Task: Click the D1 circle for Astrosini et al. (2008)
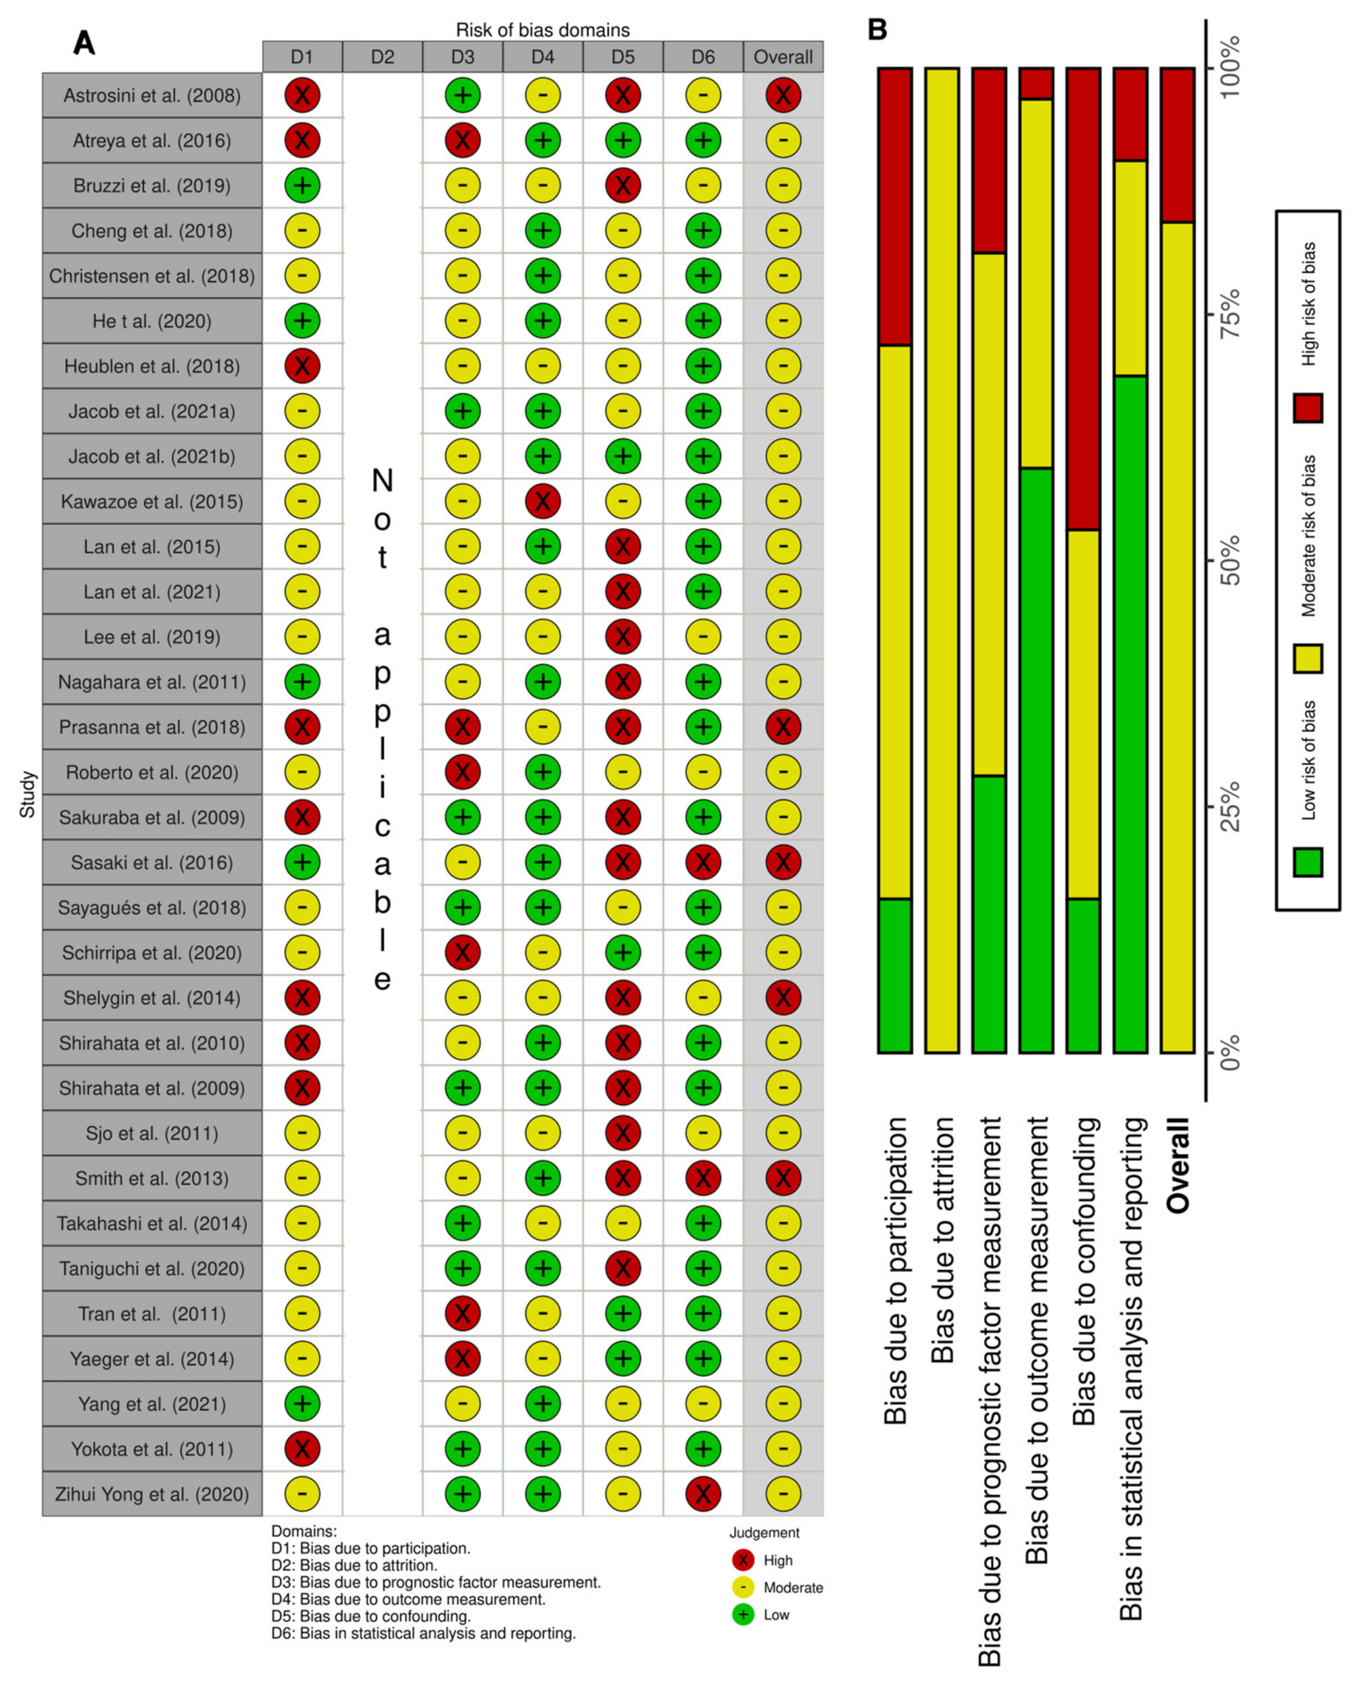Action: pyautogui.click(x=302, y=96)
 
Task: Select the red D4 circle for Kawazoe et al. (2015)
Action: pyautogui.click(x=543, y=502)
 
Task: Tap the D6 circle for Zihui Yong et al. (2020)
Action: pyautogui.click(x=703, y=1494)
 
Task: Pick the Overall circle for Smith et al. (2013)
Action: pyautogui.click(x=783, y=1178)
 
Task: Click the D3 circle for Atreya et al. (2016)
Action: pyautogui.click(x=463, y=140)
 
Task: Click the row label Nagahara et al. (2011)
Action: pyautogui.click(x=152, y=682)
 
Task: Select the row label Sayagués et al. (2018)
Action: pyautogui.click(x=152, y=908)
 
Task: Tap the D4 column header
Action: pyautogui.click(x=543, y=56)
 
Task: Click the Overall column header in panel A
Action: pyautogui.click(x=783, y=56)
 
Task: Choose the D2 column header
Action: pyautogui.click(x=383, y=56)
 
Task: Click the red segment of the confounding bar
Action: pyautogui.click(x=1083, y=298)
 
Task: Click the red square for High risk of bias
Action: pyautogui.click(x=1308, y=408)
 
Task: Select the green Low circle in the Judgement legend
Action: pyautogui.click(x=742, y=1614)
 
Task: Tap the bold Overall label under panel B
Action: pyautogui.click(x=1178, y=1165)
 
